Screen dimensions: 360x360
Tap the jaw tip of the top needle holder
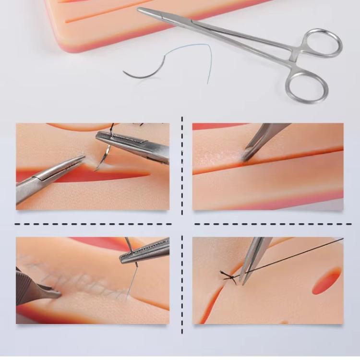click(x=142, y=11)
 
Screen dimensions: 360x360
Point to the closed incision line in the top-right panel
click(x=288, y=163)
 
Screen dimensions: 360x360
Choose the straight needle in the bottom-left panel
click(x=132, y=281)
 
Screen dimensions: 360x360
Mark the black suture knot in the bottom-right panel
click(x=229, y=276)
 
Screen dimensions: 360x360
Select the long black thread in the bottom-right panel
click(x=298, y=254)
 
